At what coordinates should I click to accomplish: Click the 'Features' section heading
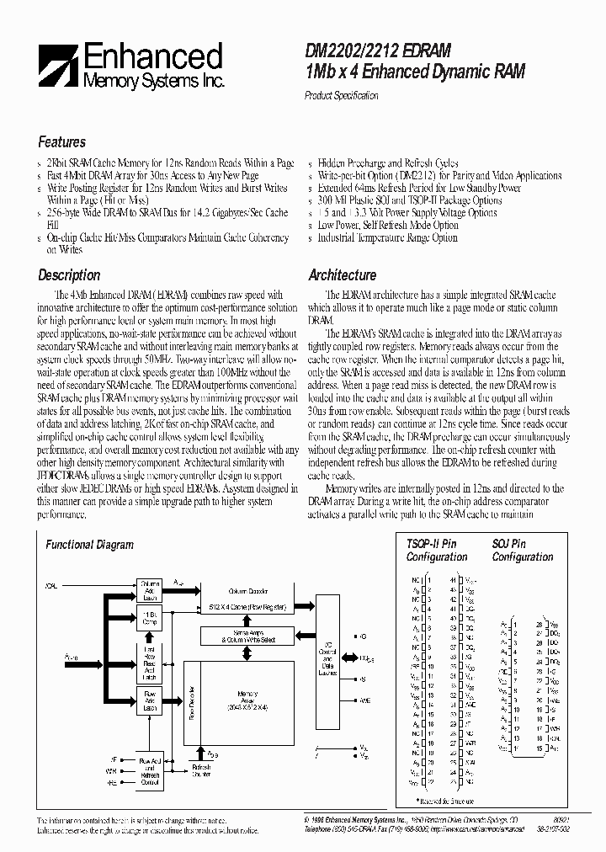pos(61,142)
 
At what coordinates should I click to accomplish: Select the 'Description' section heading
pos(69,275)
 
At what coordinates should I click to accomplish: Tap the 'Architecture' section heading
pos(342,275)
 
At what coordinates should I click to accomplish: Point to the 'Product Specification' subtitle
pos(341,96)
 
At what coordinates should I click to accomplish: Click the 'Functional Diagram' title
pos(89,545)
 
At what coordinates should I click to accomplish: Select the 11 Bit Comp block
pos(149,617)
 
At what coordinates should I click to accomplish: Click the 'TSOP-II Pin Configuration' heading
pos(436,551)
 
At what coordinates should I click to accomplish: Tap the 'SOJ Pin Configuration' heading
pos(522,551)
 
